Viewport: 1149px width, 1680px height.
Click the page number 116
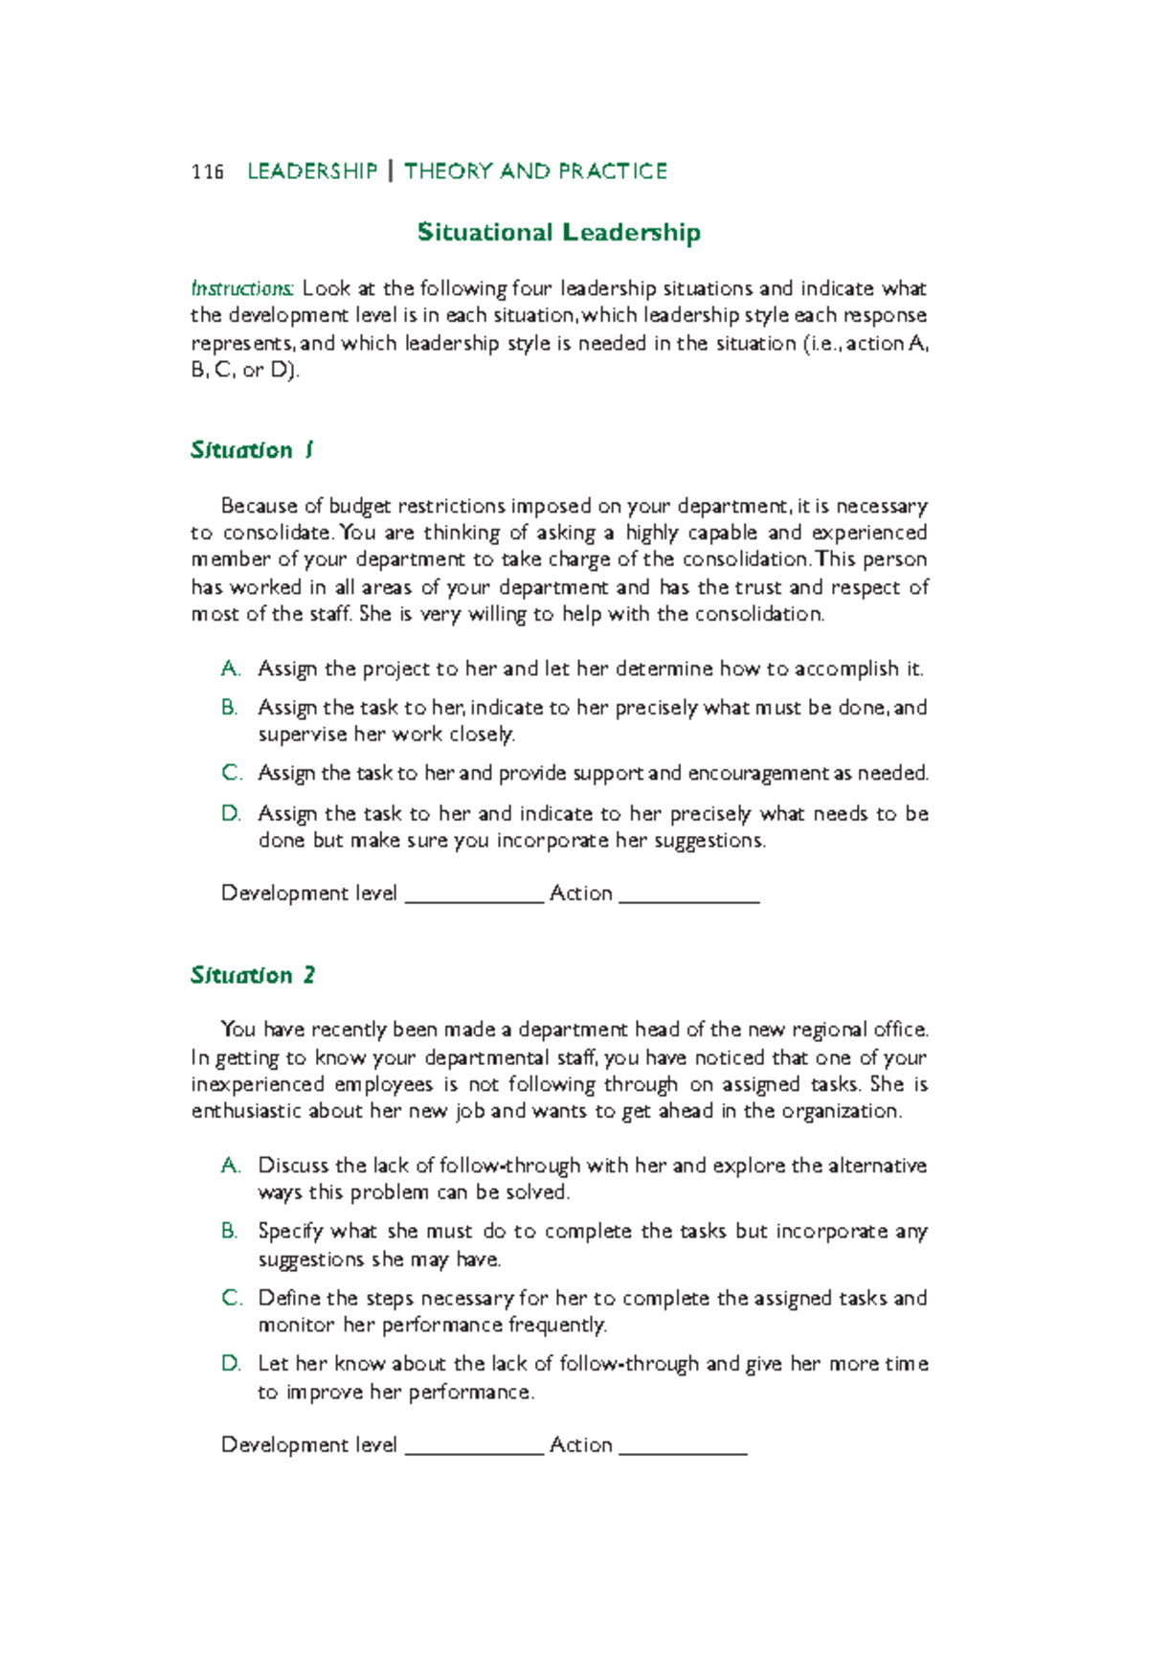click(x=207, y=171)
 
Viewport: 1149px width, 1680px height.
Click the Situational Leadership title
click(x=558, y=233)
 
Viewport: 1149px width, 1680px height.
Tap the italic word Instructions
click(x=242, y=288)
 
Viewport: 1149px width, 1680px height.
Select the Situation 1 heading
click(x=252, y=450)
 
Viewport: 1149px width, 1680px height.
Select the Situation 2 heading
click(x=253, y=975)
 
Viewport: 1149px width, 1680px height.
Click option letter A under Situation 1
click(x=230, y=669)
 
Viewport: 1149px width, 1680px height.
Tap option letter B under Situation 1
click(x=230, y=708)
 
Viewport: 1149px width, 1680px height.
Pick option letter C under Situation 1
click(x=231, y=773)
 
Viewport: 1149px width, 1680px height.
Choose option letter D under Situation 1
click(x=231, y=813)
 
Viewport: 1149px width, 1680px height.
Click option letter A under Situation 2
click(x=230, y=1166)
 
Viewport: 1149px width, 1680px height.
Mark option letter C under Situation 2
click(x=231, y=1298)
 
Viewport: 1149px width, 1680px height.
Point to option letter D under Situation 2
click(x=231, y=1363)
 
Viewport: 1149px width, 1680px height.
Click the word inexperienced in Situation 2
click(x=258, y=1084)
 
